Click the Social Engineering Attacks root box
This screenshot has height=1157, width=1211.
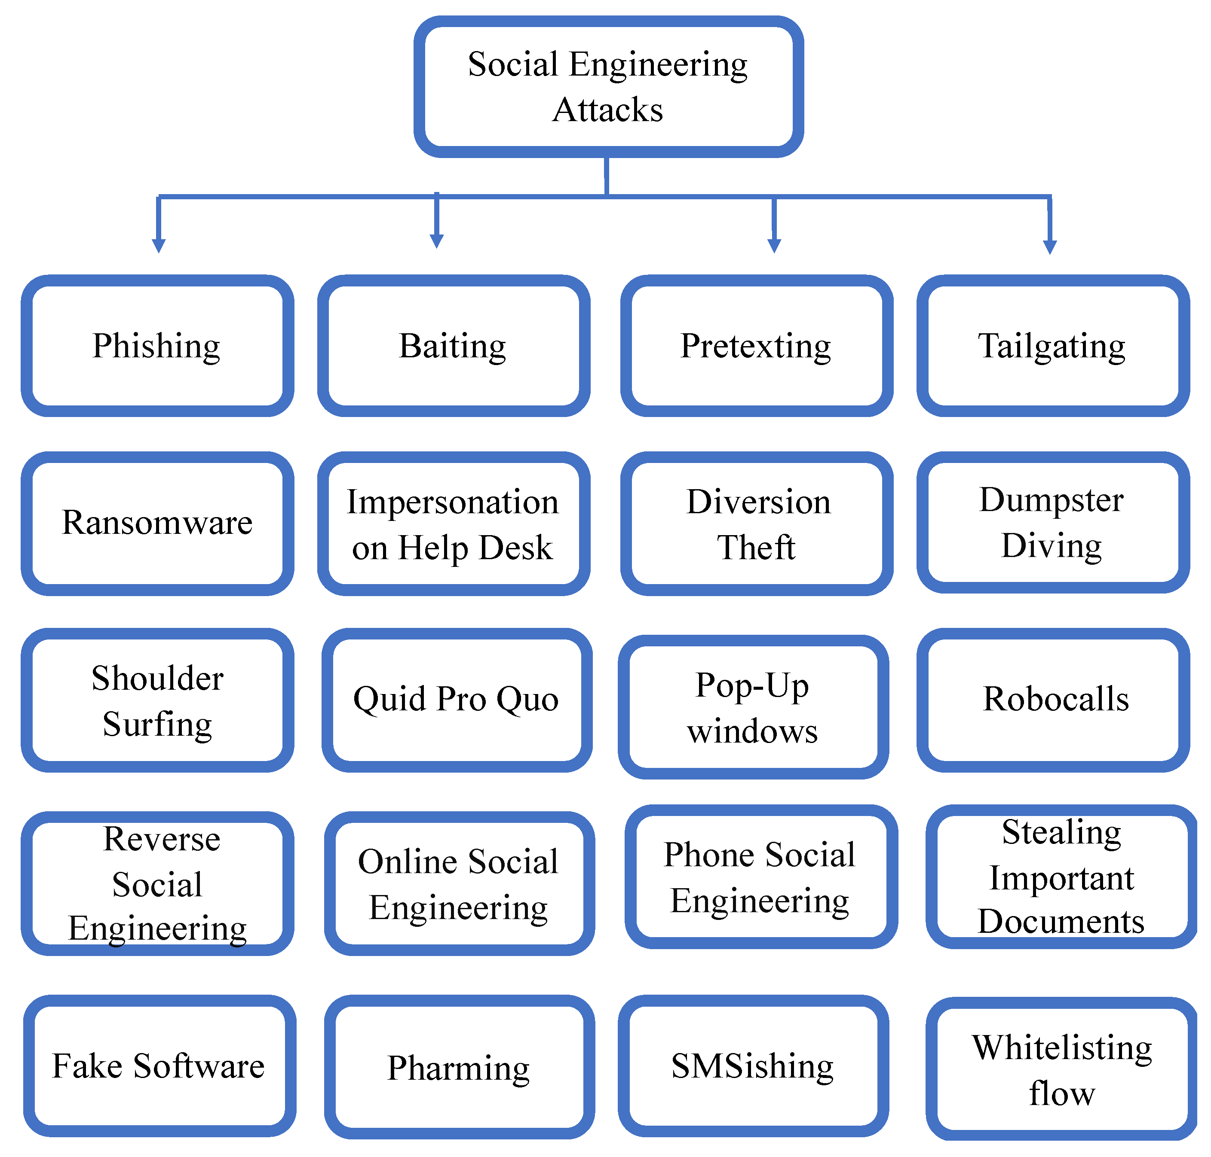(x=608, y=87)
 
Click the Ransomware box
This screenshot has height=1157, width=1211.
(x=157, y=523)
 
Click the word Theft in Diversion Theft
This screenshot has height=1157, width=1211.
(x=756, y=547)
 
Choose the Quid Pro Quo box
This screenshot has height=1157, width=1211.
(x=456, y=699)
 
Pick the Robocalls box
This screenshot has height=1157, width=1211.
(x=1055, y=699)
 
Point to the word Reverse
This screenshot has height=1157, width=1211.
(x=161, y=839)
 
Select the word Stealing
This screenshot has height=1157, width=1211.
(x=1062, y=833)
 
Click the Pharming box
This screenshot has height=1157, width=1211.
(x=459, y=1068)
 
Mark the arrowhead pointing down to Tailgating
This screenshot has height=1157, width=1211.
(x=1049, y=247)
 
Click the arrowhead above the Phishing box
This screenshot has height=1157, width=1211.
(x=159, y=246)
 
